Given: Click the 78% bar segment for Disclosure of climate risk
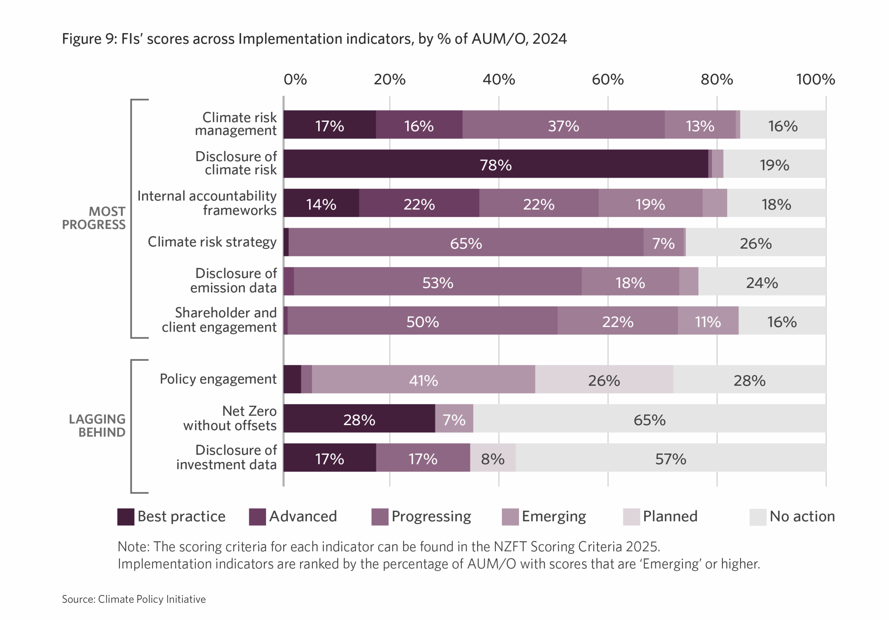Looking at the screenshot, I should pyautogui.click(x=496, y=164).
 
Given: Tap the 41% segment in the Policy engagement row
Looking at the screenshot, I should pyautogui.click(x=423, y=379).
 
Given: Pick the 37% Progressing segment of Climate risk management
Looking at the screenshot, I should pyautogui.click(x=563, y=125).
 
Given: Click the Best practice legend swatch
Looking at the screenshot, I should pyautogui.click(x=126, y=516).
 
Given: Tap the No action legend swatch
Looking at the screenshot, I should pyautogui.click(x=758, y=516).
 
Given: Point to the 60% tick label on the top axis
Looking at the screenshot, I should pyautogui.click(x=607, y=80).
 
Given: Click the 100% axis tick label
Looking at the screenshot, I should pyautogui.click(x=815, y=80).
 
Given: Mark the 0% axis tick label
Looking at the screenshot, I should pyautogui.click(x=295, y=80).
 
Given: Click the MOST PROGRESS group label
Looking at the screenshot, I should pyautogui.click(x=94, y=218).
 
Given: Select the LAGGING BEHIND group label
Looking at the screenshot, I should pyautogui.click(x=97, y=425).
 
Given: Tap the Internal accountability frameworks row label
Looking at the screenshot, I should pyautogui.click(x=207, y=203).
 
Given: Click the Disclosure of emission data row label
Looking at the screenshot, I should pyautogui.click(x=233, y=281).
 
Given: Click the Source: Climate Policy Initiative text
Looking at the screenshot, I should pyautogui.click(x=134, y=599).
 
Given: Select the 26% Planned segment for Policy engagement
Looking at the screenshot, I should pyautogui.click(x=604, y=379).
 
